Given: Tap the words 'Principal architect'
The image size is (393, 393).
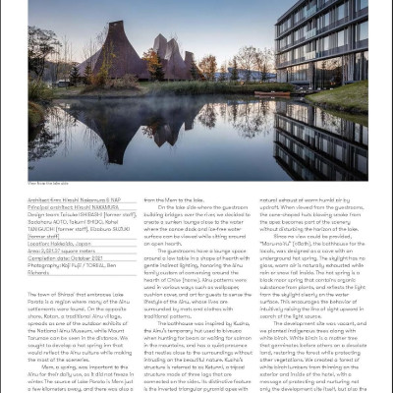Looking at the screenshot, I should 46,205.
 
